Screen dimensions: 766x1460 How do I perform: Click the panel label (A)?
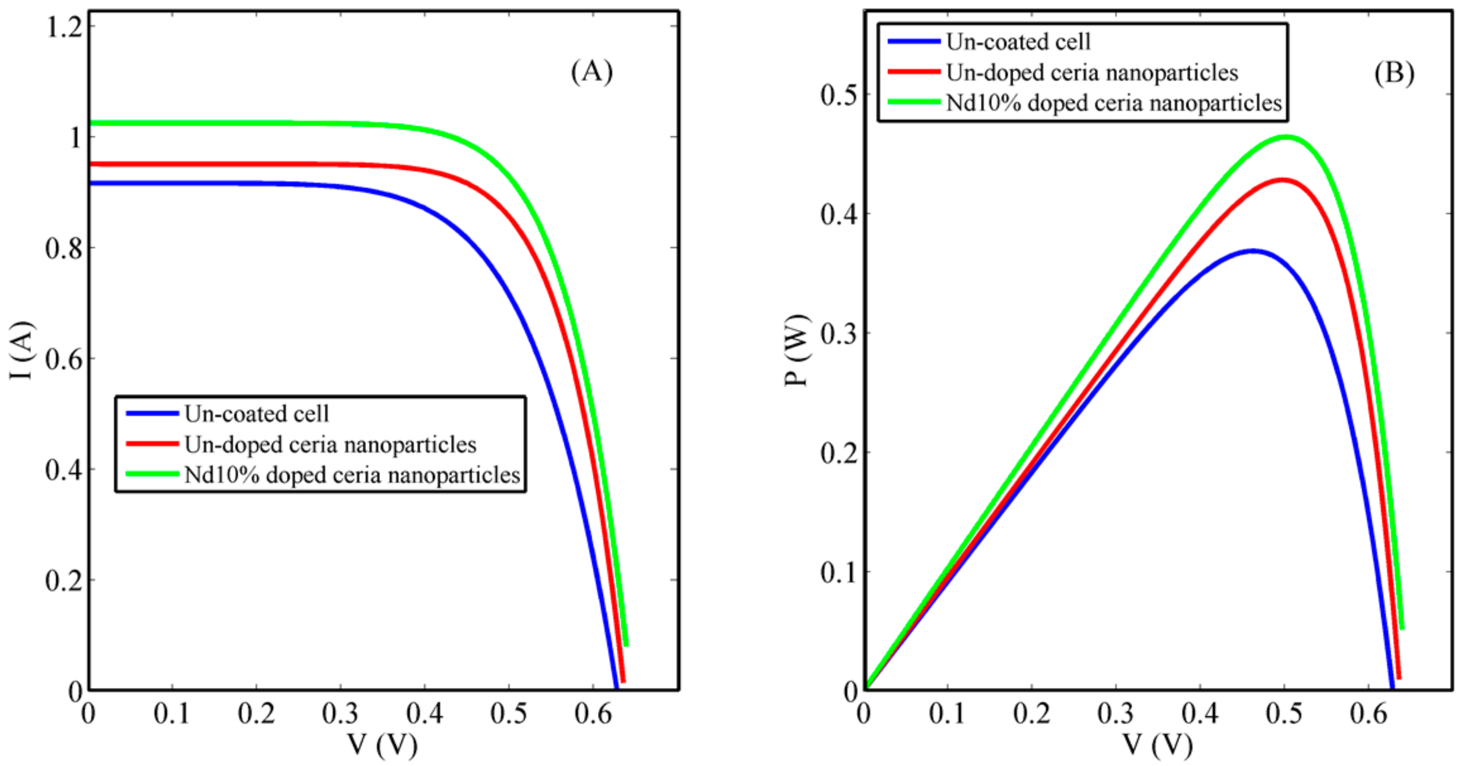pos(592,73)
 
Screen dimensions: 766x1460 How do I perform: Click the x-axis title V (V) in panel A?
pos(383,745)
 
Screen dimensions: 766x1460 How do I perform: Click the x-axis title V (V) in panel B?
pos(1158,745)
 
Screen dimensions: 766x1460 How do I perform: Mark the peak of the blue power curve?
pos(1253,250)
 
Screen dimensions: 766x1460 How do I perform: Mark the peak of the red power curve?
pos(1282,180)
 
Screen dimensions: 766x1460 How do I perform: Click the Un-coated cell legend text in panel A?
pos(256,414)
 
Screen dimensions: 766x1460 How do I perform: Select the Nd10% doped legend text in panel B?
pos(1114,103)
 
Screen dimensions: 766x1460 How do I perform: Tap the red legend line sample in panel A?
pos(152,444)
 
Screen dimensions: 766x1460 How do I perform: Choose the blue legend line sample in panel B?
pos(914,42)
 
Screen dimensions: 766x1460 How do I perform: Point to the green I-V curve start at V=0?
pos(91,123)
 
